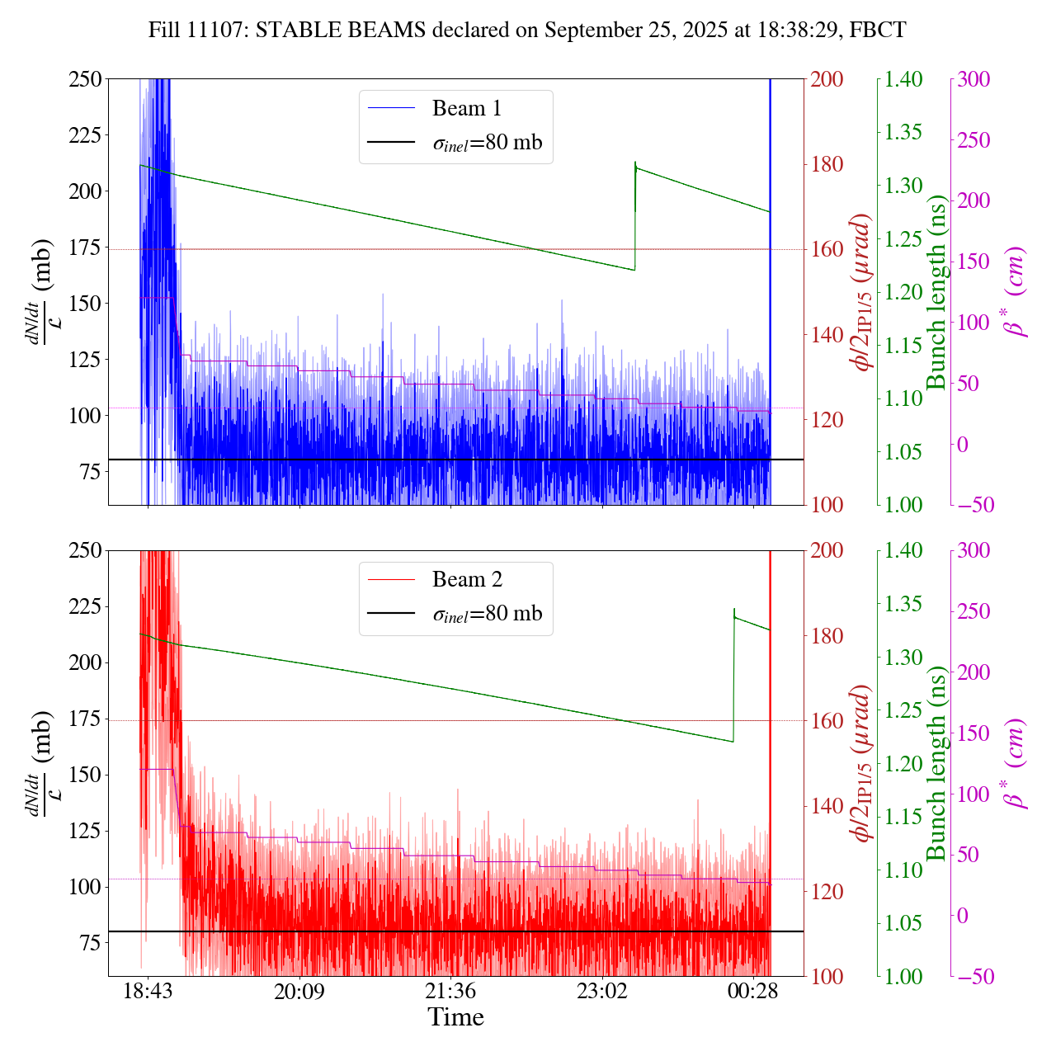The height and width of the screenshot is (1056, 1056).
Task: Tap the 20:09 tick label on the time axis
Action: (299, 991)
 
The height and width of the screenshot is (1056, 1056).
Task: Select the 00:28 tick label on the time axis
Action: (754, 991)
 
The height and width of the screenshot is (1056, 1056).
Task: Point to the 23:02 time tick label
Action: (602, 991)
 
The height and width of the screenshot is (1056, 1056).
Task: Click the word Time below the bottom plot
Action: (455, 1017)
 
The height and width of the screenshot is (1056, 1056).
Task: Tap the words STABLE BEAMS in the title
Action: (342, 31)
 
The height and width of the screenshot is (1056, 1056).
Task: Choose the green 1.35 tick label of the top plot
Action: (904, 132)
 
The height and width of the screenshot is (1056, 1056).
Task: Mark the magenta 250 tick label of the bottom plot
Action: (973, 612)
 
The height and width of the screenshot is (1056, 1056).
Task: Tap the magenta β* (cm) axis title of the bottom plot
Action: (1014, 763)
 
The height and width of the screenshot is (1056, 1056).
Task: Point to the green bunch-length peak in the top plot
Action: (635, 163)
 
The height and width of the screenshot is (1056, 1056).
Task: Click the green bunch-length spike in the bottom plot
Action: (734, 610)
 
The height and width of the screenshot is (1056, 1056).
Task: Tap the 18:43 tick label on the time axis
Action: (148, 991)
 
